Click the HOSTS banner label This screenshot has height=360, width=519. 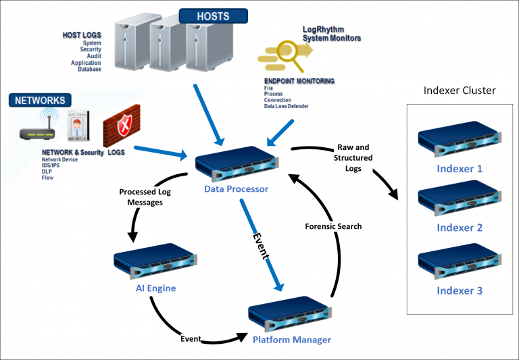click(213, 16)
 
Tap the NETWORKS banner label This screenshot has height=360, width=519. click(40, 100)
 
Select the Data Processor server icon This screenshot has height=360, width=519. click(237, 164)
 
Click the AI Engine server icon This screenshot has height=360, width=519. click(155, 261)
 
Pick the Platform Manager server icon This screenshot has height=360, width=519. click(290, 315)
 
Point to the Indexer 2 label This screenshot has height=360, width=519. click(460, 228)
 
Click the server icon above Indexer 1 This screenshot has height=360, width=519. click(460, 139)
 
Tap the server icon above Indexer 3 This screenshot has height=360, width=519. click(460, 261)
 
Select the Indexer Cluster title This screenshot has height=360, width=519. click(460, 91)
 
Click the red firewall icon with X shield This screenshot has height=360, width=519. click(122, 126)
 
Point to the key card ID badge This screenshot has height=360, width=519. click(78, 126)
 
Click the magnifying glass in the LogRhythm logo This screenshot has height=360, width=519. click(289, 55)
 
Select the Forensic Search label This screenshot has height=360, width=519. click(333, 226)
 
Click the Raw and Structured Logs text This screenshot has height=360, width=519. click(353, 158)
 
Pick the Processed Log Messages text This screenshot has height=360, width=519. click(145, 197)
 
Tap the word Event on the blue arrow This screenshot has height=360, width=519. click(261, 246)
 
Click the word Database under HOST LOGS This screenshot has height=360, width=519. click(89, 69)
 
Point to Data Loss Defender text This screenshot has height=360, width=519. click(287, 106)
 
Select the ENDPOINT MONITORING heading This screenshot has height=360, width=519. click(299, 81)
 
